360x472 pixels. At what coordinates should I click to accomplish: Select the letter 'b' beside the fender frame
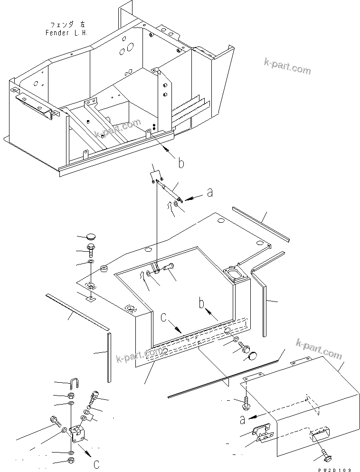tap(180, 164)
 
